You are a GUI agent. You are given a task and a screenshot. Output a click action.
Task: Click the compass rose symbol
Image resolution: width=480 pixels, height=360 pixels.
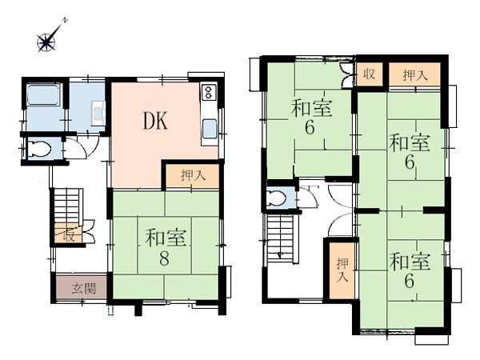click(x=47, y=41)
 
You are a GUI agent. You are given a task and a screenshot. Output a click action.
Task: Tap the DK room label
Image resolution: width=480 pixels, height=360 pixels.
click(x=155, y=121)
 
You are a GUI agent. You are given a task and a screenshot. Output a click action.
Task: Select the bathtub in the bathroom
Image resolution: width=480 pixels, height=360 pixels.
click(x=44, y=94)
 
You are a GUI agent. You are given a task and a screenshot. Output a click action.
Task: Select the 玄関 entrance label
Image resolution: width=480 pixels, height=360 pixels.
click(x=84, y=288)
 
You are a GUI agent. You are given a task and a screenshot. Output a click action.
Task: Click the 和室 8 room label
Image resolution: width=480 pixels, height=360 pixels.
click(x=166, y=247)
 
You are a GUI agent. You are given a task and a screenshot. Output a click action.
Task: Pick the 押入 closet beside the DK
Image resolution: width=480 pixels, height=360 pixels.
click(x=193, y=176)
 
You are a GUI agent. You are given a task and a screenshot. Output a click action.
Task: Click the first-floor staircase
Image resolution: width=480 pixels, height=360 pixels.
click(x=66, y=206)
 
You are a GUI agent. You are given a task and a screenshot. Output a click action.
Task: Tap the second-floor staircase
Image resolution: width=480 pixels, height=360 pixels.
click(x=281, y=238)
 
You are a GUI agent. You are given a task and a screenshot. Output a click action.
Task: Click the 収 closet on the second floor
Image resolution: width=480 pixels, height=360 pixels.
click(x=369, y=74)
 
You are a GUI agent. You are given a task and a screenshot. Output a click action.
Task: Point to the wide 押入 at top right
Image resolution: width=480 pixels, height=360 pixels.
click(x=414, y=74)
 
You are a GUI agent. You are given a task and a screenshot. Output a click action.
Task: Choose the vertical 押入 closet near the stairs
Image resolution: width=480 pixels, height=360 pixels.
click(x=342, y=270)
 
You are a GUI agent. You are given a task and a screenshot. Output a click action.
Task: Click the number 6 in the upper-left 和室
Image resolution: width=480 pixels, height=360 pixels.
click(x=310, y=127)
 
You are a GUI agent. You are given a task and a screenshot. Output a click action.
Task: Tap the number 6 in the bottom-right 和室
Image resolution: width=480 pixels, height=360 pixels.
click(x=410, y=281)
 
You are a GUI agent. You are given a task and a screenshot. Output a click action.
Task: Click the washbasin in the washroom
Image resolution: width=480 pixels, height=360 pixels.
click(x=98, y=113)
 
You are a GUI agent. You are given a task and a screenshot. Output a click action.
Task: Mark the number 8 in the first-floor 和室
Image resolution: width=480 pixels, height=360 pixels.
click(x=164, y=259)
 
